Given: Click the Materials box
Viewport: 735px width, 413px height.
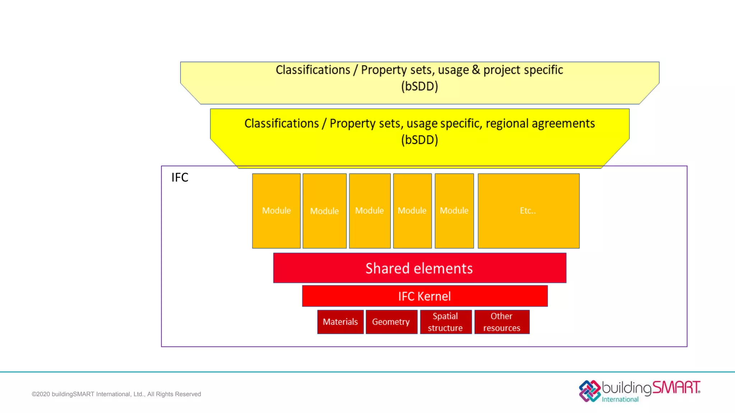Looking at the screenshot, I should (x=340, y=322).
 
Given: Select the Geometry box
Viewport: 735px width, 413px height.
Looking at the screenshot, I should (x=391, y=322).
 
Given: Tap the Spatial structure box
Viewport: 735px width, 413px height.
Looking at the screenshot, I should (x=445, y=322).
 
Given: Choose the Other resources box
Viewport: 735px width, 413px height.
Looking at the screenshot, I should (x=502, y=322).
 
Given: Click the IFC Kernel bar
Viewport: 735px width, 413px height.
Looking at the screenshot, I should (x=425, y=296).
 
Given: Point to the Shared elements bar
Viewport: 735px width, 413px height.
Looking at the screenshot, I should (x=419, y=268).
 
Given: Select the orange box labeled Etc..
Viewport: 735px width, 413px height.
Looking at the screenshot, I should (x=528, y=211).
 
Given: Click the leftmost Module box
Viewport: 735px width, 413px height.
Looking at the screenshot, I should (x=276, y=211).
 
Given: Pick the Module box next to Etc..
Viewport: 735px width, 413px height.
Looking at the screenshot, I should (x=454, y=211).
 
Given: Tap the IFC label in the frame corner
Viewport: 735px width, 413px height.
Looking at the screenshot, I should (x=180, y=177).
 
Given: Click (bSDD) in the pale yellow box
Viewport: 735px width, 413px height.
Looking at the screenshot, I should (x=420, y=86).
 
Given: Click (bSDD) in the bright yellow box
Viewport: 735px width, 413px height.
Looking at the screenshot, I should (x=420, y=140).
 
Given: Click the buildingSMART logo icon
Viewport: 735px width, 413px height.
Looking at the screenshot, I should (x=590, y=391).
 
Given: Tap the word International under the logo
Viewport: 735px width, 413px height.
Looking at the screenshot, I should (x=620, y=399).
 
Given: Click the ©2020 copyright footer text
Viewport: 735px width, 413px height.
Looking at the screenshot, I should (x=116, y=394).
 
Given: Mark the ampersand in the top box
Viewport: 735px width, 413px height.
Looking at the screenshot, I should (x=476, y=70).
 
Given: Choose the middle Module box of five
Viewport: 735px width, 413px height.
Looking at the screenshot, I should (x=370, y=211).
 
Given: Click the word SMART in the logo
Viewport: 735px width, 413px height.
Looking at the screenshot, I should (x=675, y=388).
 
